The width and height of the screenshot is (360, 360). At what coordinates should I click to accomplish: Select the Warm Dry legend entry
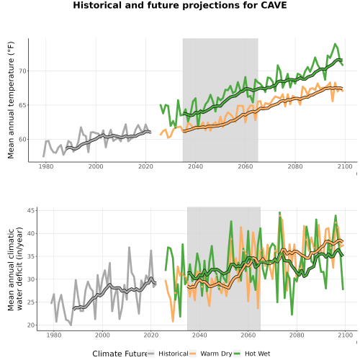pyautogui.click(x=211, y=354)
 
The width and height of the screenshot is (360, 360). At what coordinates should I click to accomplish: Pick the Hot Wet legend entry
pyautogui.click(x=252, y=354)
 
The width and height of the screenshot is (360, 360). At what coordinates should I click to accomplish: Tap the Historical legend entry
pyautogui.click(x=168, y=354)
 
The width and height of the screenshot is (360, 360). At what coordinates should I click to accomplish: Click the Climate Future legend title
pyautogui.click(x=120, y=354)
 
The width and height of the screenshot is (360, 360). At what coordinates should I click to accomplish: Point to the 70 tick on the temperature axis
pyautogui.click(x=22, y=71)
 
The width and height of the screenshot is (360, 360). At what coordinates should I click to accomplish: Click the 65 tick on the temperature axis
pyautogui.click(x=22, y=105)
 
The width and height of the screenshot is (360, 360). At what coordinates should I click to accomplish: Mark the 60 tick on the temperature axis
pyautogui.click(x=22, y=139)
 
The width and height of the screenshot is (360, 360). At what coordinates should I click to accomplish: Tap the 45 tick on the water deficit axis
pyautogui.click(x=31, y=210)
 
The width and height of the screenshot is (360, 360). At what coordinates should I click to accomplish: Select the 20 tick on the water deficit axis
pyautogui.click(x=31, y=325)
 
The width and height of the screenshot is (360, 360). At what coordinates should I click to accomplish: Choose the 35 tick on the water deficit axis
pyautogui.click(x=31, y=256)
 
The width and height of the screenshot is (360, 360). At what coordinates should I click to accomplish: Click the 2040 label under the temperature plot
pyautogui.click(x=195, y=166)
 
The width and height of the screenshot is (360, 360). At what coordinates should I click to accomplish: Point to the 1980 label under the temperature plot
pyautogui.click(x=46, y=166)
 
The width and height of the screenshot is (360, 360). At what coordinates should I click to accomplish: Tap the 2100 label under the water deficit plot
pyautogui.click(x=345, y=335)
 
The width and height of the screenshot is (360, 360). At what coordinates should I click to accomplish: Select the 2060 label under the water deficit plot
pyautogui.click(x=248, y=335)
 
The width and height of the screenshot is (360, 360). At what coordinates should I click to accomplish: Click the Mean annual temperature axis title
pyautogui.click(x=11, y=100)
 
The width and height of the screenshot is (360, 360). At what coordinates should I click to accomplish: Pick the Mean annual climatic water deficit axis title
pyautogui.click(x=15, y=269)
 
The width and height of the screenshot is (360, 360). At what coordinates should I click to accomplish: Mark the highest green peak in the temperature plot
pyautogui.click(x=335, y=44)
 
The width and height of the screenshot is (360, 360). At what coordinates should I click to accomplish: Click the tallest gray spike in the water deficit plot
pyautogui.click(x=129, y=247)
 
